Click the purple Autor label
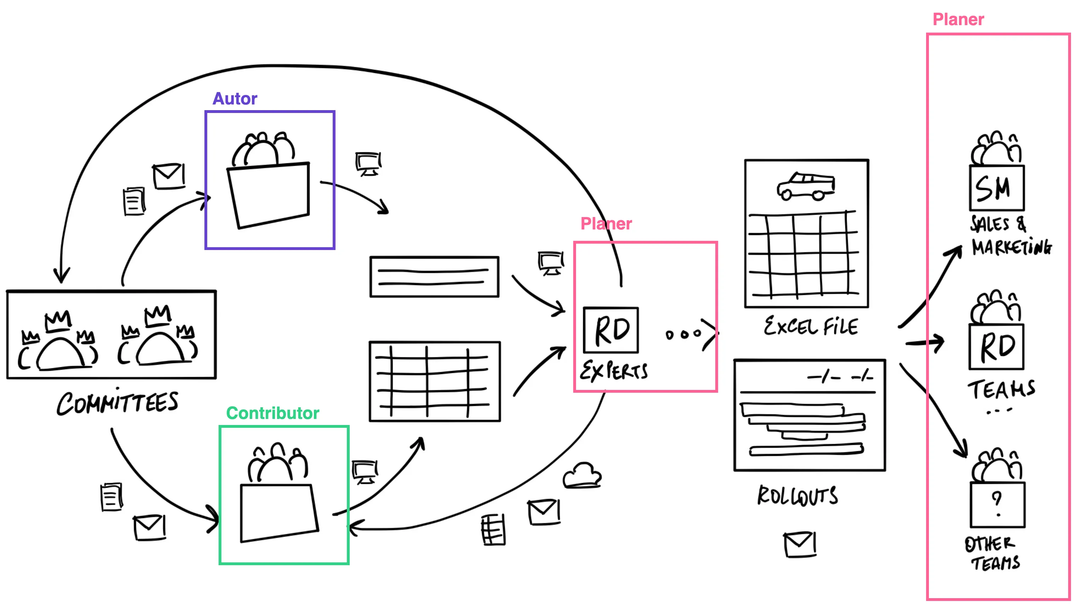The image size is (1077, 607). click(x=235, y=99)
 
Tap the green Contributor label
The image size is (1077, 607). click(x=272, y=413)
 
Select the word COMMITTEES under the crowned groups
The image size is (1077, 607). click(x=118, y=403)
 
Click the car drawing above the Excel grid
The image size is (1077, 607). click(x=806, y=186)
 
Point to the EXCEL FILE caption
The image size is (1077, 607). click(x=811, y=327)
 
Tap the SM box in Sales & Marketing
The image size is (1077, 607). click(x=996, y=188)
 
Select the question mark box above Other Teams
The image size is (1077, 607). click(x=997, y=505)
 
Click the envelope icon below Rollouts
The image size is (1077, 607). click(x=799, y=544)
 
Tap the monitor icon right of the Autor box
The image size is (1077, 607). click(x=368, y=164)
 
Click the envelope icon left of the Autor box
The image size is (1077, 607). click(x=169, y=176)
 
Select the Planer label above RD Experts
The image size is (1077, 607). click(x=606, y=224)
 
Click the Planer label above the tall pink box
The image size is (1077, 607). click(x=958, y=19)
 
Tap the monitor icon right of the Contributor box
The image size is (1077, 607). click(x=365, y=472)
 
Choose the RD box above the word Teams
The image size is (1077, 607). click(x=996, y=347)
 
